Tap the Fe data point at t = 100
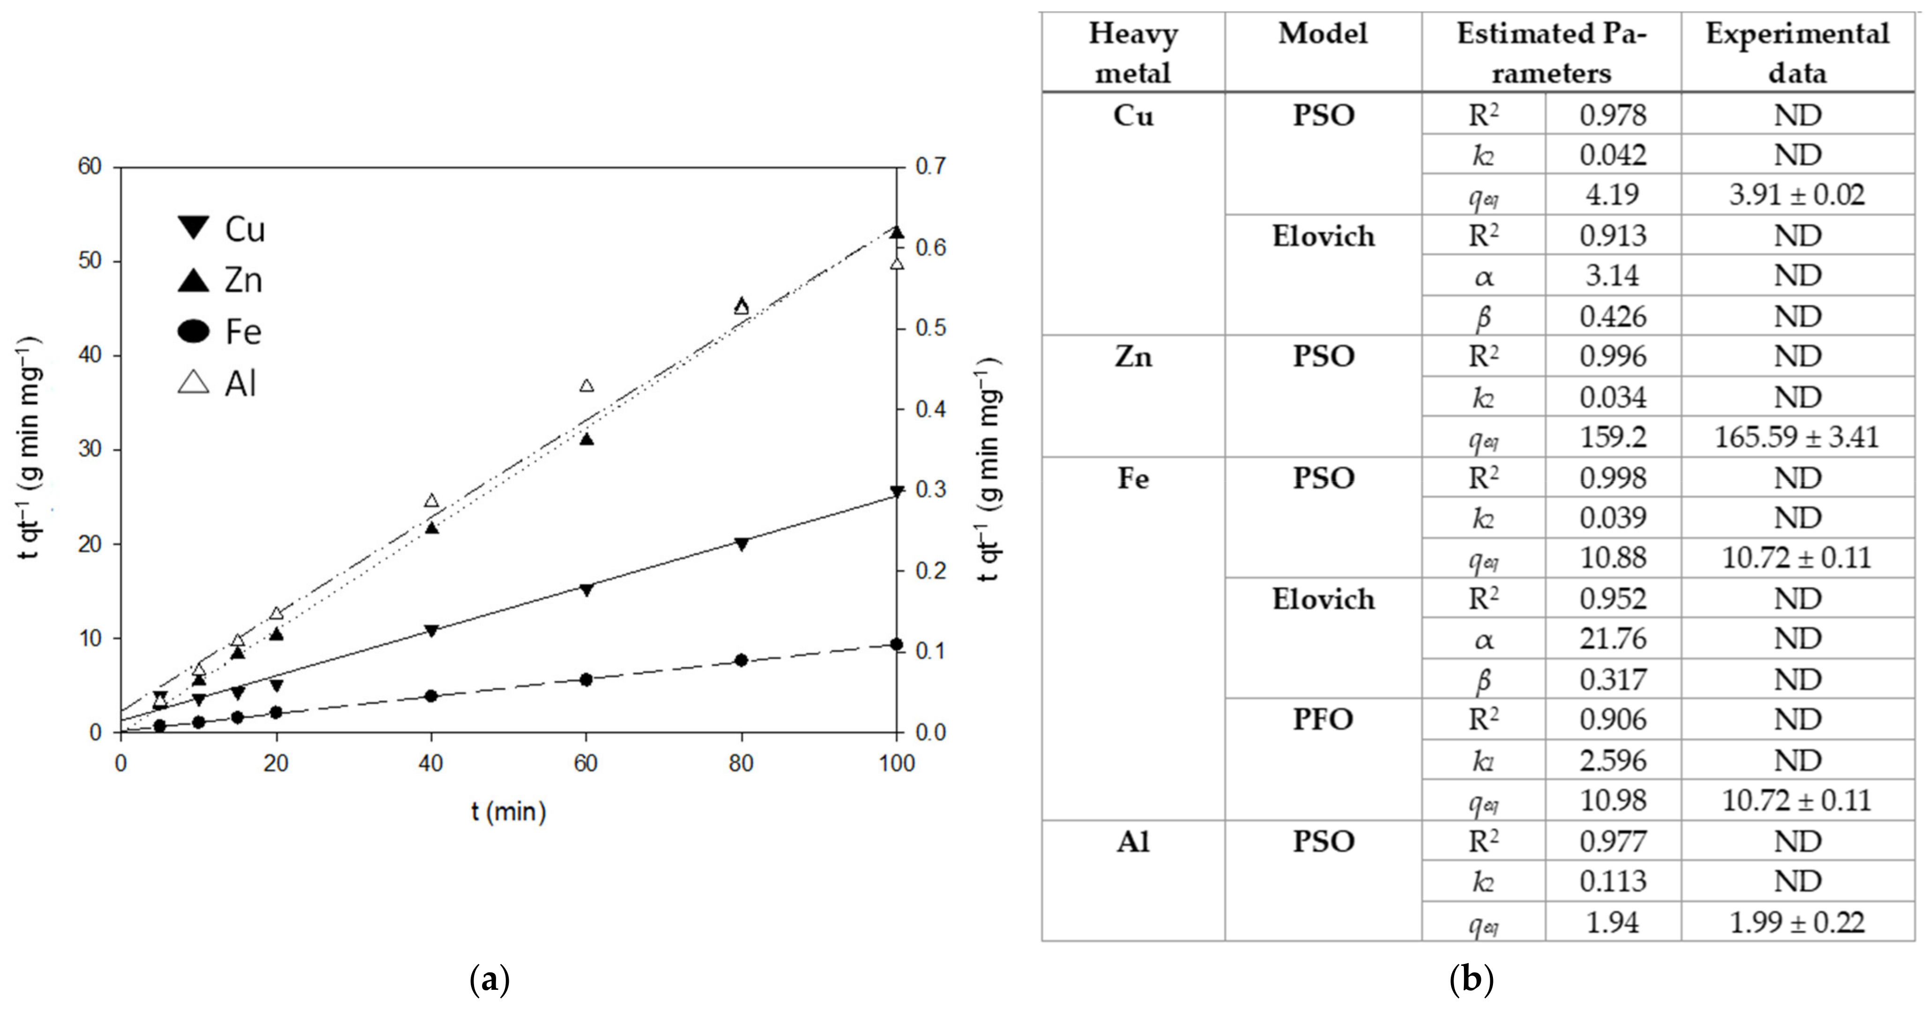(x=896, y=644)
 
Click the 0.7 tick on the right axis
(x=931, y=166)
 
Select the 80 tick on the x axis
(x=741, y=763)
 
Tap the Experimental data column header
(x=1797, y=53)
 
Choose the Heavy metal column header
(x=1133, y=53)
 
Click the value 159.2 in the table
(x=1613, y=437)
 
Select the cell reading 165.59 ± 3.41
(x=1797, y=437)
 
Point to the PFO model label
(x=1323, y=720)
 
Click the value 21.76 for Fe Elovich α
(x=1613, y=639)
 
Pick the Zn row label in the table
(x=1133, y=356)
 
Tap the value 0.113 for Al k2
(x=1613, y=881)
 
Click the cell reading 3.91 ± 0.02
(x=1797, y=195)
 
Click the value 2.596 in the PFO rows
(x=1613, y=761)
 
